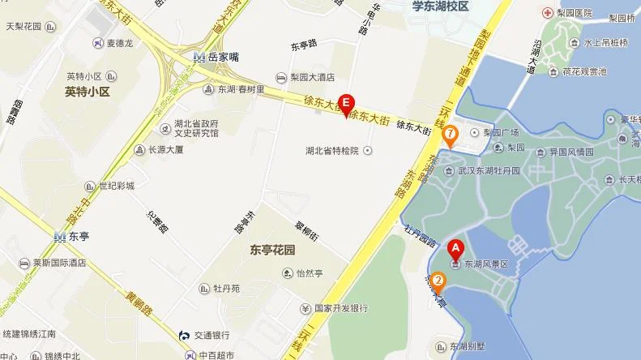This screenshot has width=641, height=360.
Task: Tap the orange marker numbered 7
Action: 450,133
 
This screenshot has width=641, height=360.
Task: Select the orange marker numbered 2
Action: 438,282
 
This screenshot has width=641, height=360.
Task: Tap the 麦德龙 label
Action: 103,43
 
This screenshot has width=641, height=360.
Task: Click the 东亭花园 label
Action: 271,250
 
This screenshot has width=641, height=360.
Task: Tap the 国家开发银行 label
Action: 340,308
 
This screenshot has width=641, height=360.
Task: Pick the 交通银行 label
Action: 212,335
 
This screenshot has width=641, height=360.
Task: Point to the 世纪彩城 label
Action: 115,186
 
